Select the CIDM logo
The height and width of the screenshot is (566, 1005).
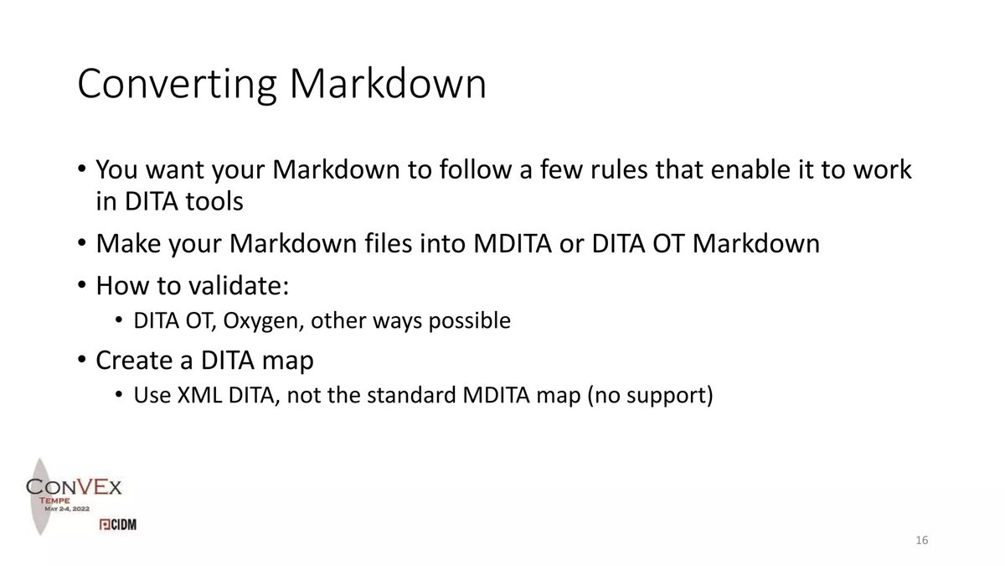pos(118,524)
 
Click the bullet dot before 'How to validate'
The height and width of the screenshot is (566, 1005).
pos(81,286)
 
